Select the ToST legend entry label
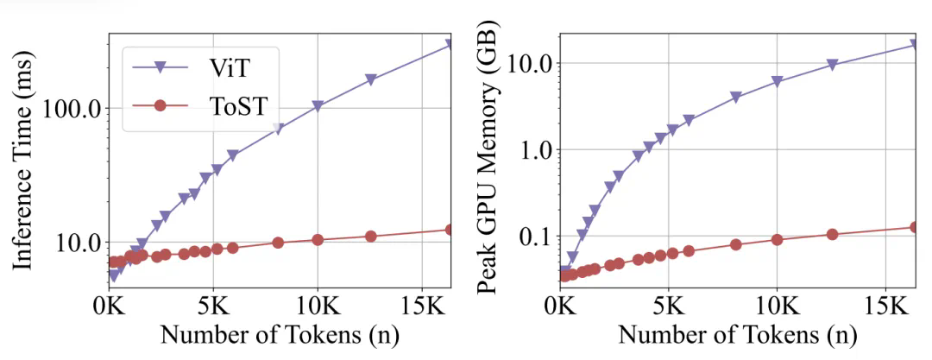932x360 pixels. (x=235, y=107)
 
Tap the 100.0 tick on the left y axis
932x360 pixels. (x=75, y=109)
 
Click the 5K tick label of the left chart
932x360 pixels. (x=213, y=306)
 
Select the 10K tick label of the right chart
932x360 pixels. (x=777, y=306)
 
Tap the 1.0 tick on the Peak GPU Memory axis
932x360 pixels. (x=534, y=150)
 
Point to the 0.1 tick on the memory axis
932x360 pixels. (x=534, y=237)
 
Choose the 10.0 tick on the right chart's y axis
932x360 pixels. (x=529, y=64)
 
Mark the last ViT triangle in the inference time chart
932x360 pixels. (x=450, y=43)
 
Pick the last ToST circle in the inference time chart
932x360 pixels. (x=450, y=230)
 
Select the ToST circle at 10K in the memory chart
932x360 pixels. (x=777, y=239)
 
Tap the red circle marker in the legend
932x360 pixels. (x=159, y=107)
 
